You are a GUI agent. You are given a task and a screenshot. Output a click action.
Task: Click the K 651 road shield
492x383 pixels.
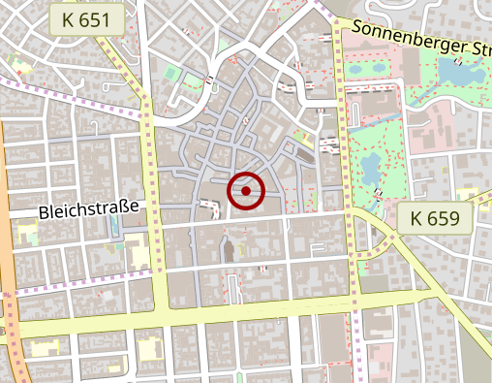tap(88, 19)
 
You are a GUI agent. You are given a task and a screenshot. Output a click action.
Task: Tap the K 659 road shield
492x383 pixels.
tap(435, 218)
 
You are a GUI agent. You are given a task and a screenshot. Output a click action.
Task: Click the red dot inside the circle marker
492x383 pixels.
tap(246, 191)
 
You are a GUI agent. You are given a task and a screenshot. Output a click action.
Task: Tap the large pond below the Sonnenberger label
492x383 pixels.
tap(453, 70)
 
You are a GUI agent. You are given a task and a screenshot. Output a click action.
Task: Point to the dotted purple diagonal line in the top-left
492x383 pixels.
tap(48, 88)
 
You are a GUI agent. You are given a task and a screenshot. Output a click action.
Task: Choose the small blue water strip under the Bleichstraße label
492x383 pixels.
tap(114, 225)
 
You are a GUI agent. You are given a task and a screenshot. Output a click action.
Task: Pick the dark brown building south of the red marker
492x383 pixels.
tap(229, 249)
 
